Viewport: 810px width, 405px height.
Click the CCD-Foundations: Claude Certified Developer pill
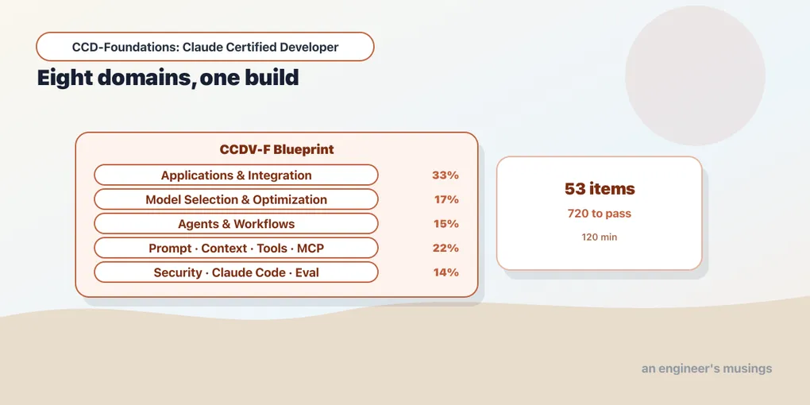(x=205, y=47)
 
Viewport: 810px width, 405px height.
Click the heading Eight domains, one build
(x=168, y=78)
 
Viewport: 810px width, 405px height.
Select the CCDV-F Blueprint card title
(x=277, y=149)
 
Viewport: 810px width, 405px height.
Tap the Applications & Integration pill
(x=236, y=175)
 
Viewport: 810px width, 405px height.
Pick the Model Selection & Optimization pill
(x=236, y=199)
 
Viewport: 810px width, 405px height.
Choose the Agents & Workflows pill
(x=236, y=224)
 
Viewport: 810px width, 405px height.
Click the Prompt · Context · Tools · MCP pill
(x=236, y=248)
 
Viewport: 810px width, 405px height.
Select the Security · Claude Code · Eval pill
(x=236, y=272)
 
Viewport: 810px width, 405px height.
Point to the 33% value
(x=445, y=175)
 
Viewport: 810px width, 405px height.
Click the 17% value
(x=446, y=199)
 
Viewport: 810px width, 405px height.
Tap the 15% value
(x=446, y=224)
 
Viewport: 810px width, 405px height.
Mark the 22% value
(x=445, y=248)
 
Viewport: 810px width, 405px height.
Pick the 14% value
(x=446, y=272)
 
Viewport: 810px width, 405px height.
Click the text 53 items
(x=600, y=189)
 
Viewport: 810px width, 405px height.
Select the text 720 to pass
(x=600, y=214)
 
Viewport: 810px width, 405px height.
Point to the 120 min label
(x=600, y=237)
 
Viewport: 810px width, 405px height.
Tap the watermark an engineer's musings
(x=707, y=368)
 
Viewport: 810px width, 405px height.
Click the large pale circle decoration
(x=696, y=75)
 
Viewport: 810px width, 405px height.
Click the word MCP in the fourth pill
(x=310, y=248)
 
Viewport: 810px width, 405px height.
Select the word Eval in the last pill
(x=307, y=272)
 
